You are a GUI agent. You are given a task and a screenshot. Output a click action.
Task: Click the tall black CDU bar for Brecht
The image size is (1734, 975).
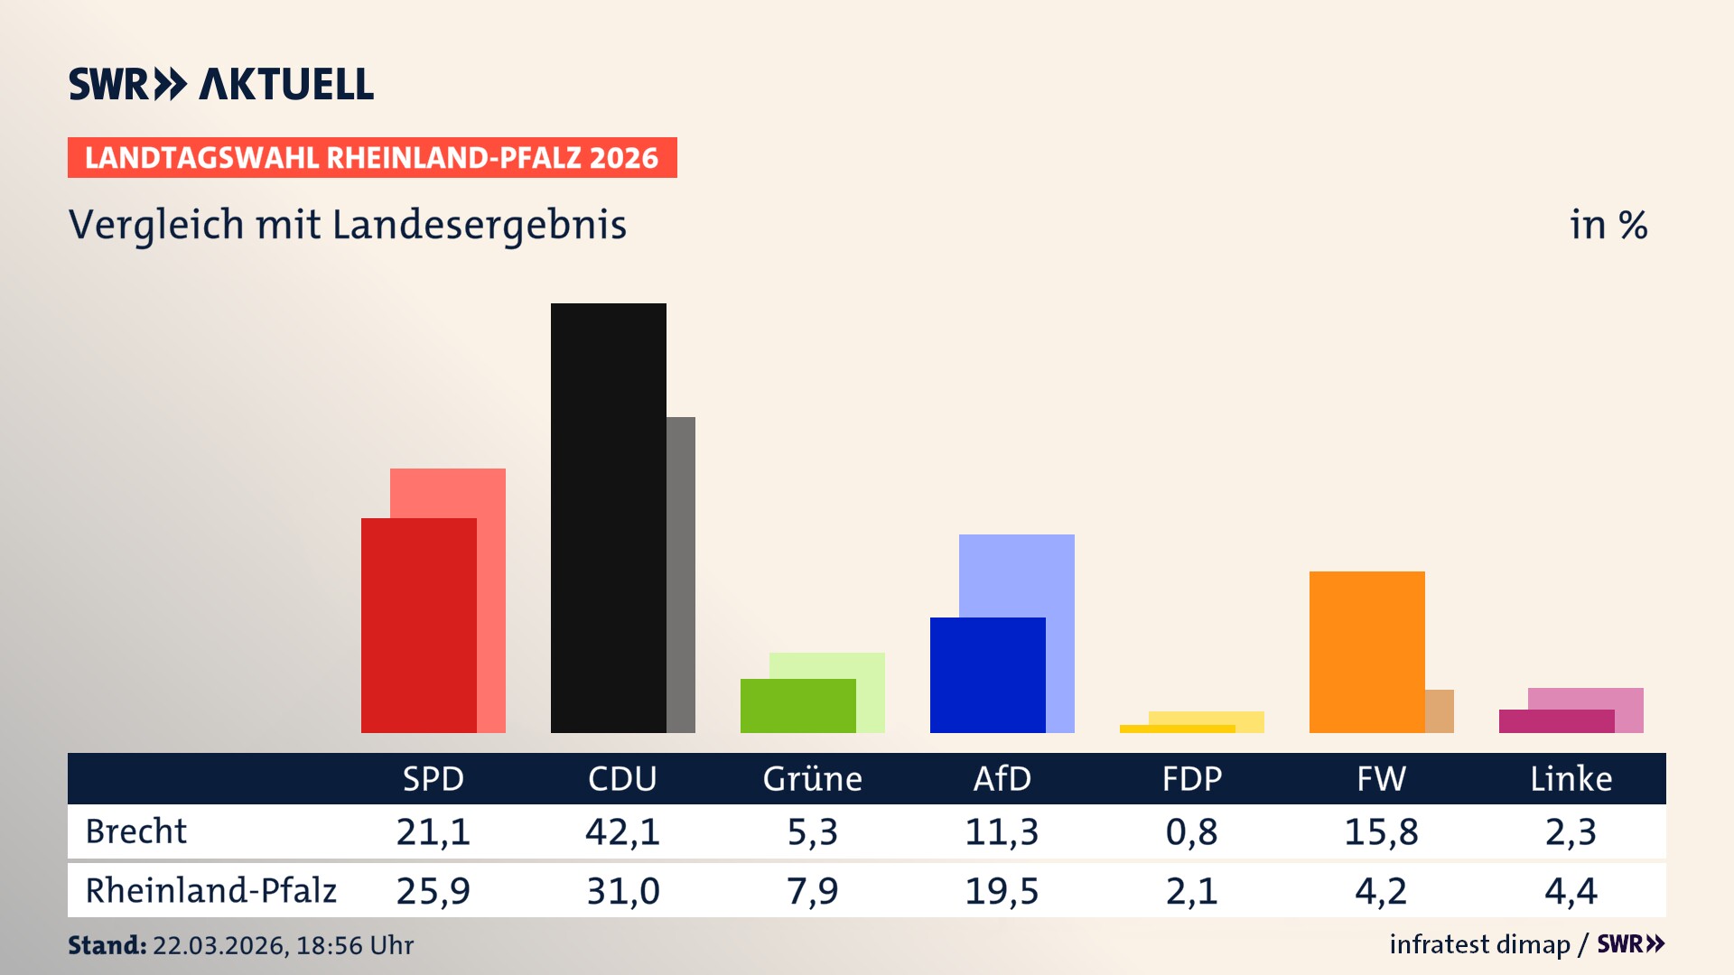pos(608,517)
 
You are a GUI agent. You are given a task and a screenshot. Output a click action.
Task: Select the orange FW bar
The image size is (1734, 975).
pos(1366,651)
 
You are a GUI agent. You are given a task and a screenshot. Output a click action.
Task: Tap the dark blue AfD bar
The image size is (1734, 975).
pos(987,674)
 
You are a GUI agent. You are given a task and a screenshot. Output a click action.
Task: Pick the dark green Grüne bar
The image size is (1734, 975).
pos(797,705)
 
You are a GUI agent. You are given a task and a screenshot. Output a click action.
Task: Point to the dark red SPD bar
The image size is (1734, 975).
pos(418,625)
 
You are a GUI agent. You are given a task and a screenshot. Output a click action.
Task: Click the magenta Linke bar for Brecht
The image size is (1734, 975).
pos(1556,721)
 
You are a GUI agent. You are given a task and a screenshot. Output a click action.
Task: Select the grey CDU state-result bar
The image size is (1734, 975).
pos(681,574)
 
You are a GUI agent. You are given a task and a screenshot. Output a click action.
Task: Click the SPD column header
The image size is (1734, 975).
pos(433,778)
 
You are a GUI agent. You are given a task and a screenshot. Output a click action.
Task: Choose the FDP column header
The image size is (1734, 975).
pos(1191,778)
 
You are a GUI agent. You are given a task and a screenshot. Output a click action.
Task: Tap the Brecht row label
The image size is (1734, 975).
pos(136,831)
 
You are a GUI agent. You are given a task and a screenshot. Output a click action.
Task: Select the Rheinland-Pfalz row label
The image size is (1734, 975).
pos(210,890)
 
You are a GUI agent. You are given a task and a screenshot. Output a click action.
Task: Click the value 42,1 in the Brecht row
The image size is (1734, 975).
pos(622,831)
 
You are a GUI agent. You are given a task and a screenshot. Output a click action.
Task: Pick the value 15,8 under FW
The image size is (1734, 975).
pos(1381,831)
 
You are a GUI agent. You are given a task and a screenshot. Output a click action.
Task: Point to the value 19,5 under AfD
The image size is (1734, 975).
pos(1002,891)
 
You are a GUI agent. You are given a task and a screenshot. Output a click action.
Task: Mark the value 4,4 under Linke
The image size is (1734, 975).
pos(1571,891)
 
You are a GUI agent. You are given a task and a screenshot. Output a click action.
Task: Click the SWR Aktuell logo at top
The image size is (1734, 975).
pos(221,84)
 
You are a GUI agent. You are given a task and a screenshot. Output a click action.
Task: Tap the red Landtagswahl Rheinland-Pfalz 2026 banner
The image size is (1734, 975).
pos(371,158)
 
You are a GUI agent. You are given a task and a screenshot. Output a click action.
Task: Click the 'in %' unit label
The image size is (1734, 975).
pos(1608,225)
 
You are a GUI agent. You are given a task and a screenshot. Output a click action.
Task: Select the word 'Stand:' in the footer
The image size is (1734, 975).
pos(107,945)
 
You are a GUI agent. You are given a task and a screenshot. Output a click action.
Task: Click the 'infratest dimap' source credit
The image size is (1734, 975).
pos(1478,944)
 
